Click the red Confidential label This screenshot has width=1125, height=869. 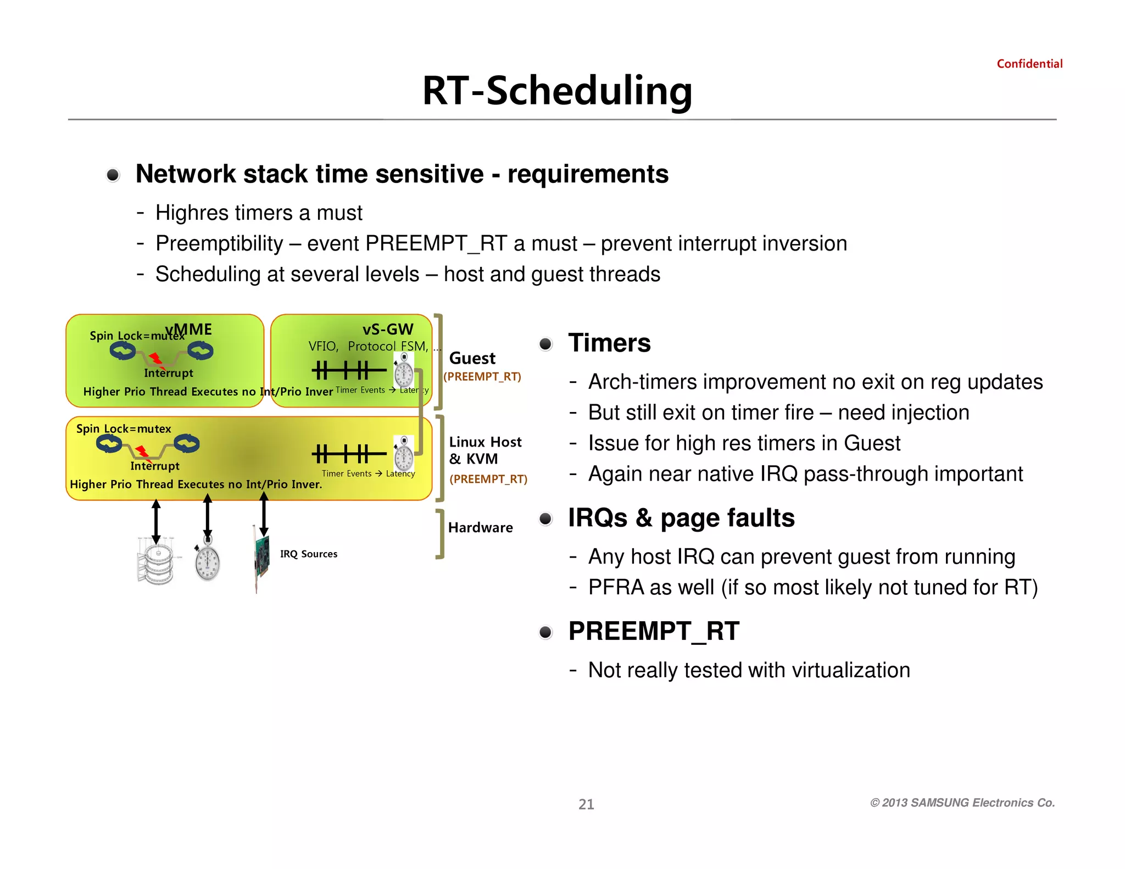(x=1029, y=64)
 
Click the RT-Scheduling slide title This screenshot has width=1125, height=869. (x=557, y=91)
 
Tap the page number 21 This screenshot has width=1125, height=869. (x=586, y=804)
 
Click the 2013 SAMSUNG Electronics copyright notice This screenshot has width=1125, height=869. (x=962, y=803)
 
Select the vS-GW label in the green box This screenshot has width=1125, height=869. (x=387, y=329)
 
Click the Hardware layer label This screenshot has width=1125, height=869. (x=480, y=527)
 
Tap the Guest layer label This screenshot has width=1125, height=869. (x=472, y=358)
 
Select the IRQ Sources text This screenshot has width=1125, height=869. (x=309, y=554)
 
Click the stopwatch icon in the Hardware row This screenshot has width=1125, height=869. (x=207, y=561)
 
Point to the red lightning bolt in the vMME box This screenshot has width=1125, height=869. (x=157, y=360)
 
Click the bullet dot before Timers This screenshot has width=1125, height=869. (x=545, y=344)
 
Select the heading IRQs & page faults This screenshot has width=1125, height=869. (x=681, y=518)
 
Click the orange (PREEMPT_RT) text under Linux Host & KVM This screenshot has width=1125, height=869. (x=488, y=479)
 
